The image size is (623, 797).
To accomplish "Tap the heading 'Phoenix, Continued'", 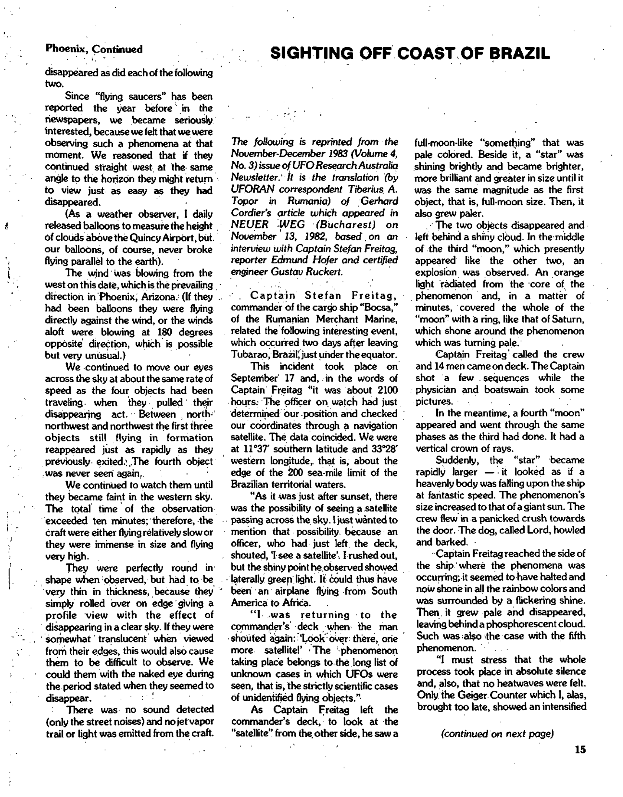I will click(x=94, y=49).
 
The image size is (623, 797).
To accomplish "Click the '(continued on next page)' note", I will click(x=498, y=734).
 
